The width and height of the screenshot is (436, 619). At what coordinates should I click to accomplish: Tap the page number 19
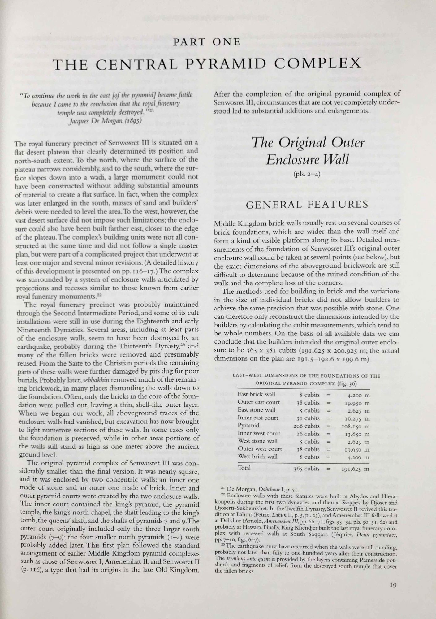tap(393, 585)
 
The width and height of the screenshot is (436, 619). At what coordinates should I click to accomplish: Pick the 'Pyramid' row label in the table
tap(248, 426)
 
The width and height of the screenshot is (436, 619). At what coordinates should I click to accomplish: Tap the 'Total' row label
tap(244, 468)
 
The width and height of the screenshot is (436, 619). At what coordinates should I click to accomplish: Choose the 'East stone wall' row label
tap(256, 410)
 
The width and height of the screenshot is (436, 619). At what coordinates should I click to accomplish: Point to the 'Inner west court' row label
tap(259, 433)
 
